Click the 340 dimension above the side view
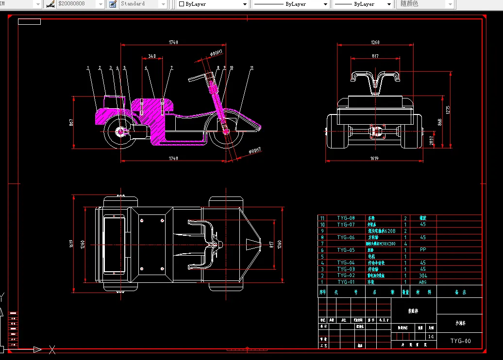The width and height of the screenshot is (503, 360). tap(152, 56)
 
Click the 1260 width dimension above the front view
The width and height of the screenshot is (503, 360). tap(375, 42)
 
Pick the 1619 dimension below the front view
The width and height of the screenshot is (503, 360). tap(374, 159)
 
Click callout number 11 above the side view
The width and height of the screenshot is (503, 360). tap(252, 67)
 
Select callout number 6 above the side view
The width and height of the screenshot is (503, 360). tap(146, 67)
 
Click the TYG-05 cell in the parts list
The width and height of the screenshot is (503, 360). tap(346, 250)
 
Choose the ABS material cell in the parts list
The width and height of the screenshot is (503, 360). tap(422, 281)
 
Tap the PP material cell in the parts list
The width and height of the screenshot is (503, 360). tap(422, 250)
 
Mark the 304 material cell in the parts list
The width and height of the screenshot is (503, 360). tap(422, 275)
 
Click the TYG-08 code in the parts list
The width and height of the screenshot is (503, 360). tap(346, 218)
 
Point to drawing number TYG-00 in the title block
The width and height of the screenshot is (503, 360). tap(460, 341)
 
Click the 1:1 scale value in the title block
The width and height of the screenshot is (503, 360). tap(431, 336)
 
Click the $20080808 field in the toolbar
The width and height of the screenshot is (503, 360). tap(78, 4)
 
